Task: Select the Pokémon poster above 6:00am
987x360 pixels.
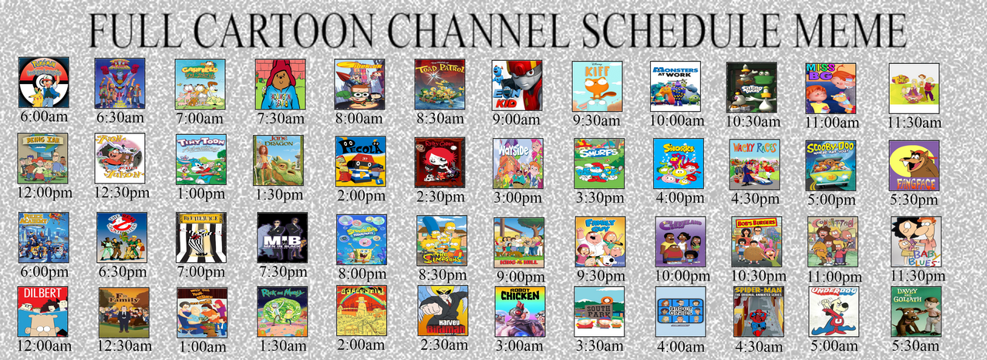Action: [x=44, y=82]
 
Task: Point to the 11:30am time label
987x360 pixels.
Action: [x=915, y=123]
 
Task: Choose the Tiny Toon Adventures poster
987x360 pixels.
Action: [x=200, y=160]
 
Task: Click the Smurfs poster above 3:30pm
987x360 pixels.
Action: [x=598, y=163]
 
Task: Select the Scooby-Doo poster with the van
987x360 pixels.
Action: [x=830, y=164]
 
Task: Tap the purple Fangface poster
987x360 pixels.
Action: [x=914, y=166]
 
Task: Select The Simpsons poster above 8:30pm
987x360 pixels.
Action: [x=441, y=241]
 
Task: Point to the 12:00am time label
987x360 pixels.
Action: [x=43, y=345]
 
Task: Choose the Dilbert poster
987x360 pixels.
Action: [x=42, y=312]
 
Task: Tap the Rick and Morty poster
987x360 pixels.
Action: [x=282, y=311]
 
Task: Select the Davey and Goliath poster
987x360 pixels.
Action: [x=915, y=311]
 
